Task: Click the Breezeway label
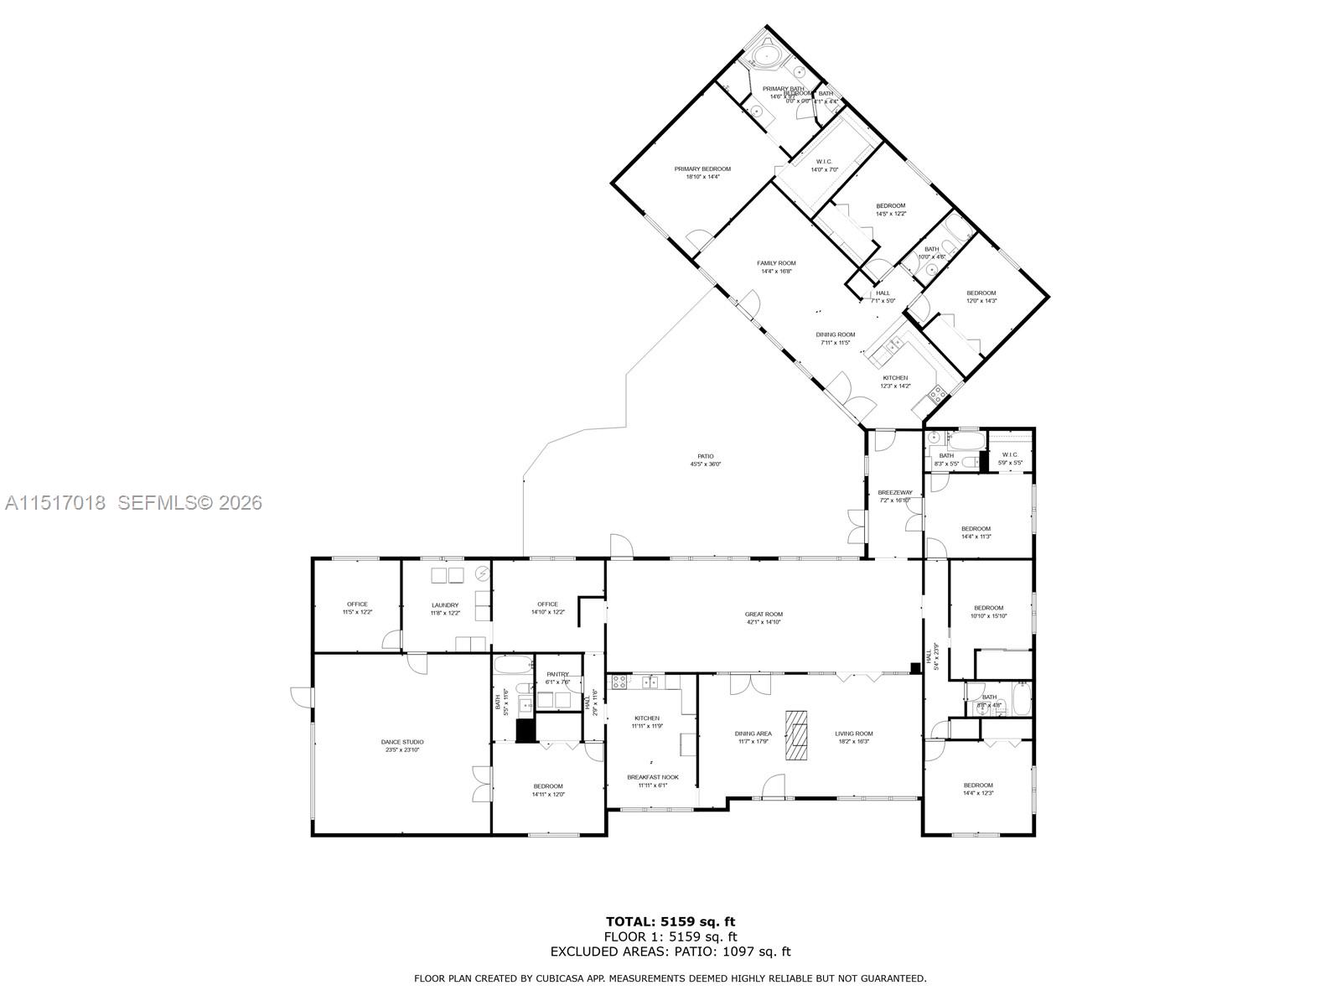[894, 493]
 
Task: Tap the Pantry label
[557, 674]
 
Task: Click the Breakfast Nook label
[653, 777]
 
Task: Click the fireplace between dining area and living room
[797, 735]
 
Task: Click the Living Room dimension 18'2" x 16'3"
[853, 741]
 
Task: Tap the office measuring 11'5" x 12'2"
[357, 608]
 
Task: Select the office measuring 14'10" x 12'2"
[547, 608]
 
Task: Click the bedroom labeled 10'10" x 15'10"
[988, 612]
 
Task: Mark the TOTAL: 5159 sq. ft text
[670, 922]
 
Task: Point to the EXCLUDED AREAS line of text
[670, 952]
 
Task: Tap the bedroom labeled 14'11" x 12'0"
[548, 790]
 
